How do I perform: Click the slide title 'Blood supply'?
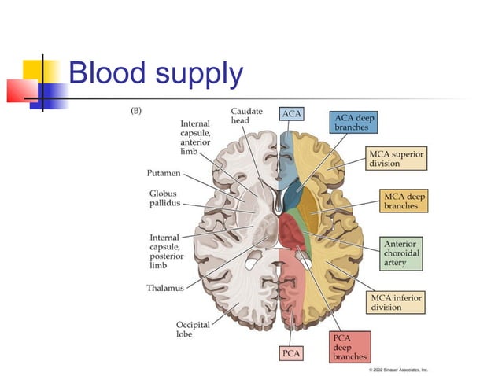(x=155, y=73)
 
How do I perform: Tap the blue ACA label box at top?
(x=290, y=114)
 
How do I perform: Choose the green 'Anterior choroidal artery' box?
(x=401, y=253)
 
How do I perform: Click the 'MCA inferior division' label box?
(x=396, y=302)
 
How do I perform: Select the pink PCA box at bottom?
(x=291, y=354)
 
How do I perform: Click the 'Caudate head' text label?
(x=245, y=116)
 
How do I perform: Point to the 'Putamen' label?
(x=164, y=173)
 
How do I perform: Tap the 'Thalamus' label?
(x=165, y=288)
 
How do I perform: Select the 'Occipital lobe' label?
(x=194, y=329)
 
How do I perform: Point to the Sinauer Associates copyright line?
(x=398, y=368)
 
